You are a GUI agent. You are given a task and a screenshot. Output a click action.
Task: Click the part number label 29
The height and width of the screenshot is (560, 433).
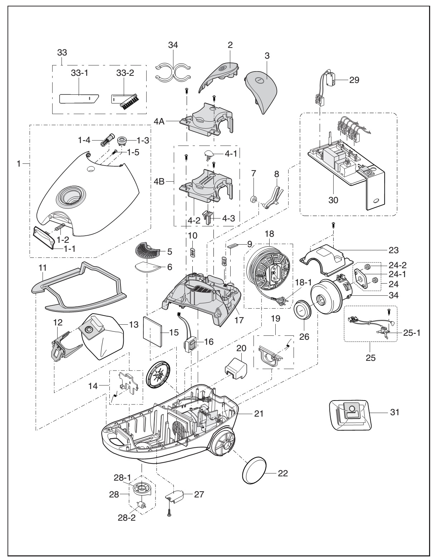pyautogui.click(x=355, y=80)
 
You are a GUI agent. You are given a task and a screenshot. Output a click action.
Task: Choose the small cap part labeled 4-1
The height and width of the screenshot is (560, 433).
pyautogui.click(x=210, y=154)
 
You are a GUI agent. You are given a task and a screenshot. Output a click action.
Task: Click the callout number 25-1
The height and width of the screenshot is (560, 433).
pyautogui.click(x=412, y=332)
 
